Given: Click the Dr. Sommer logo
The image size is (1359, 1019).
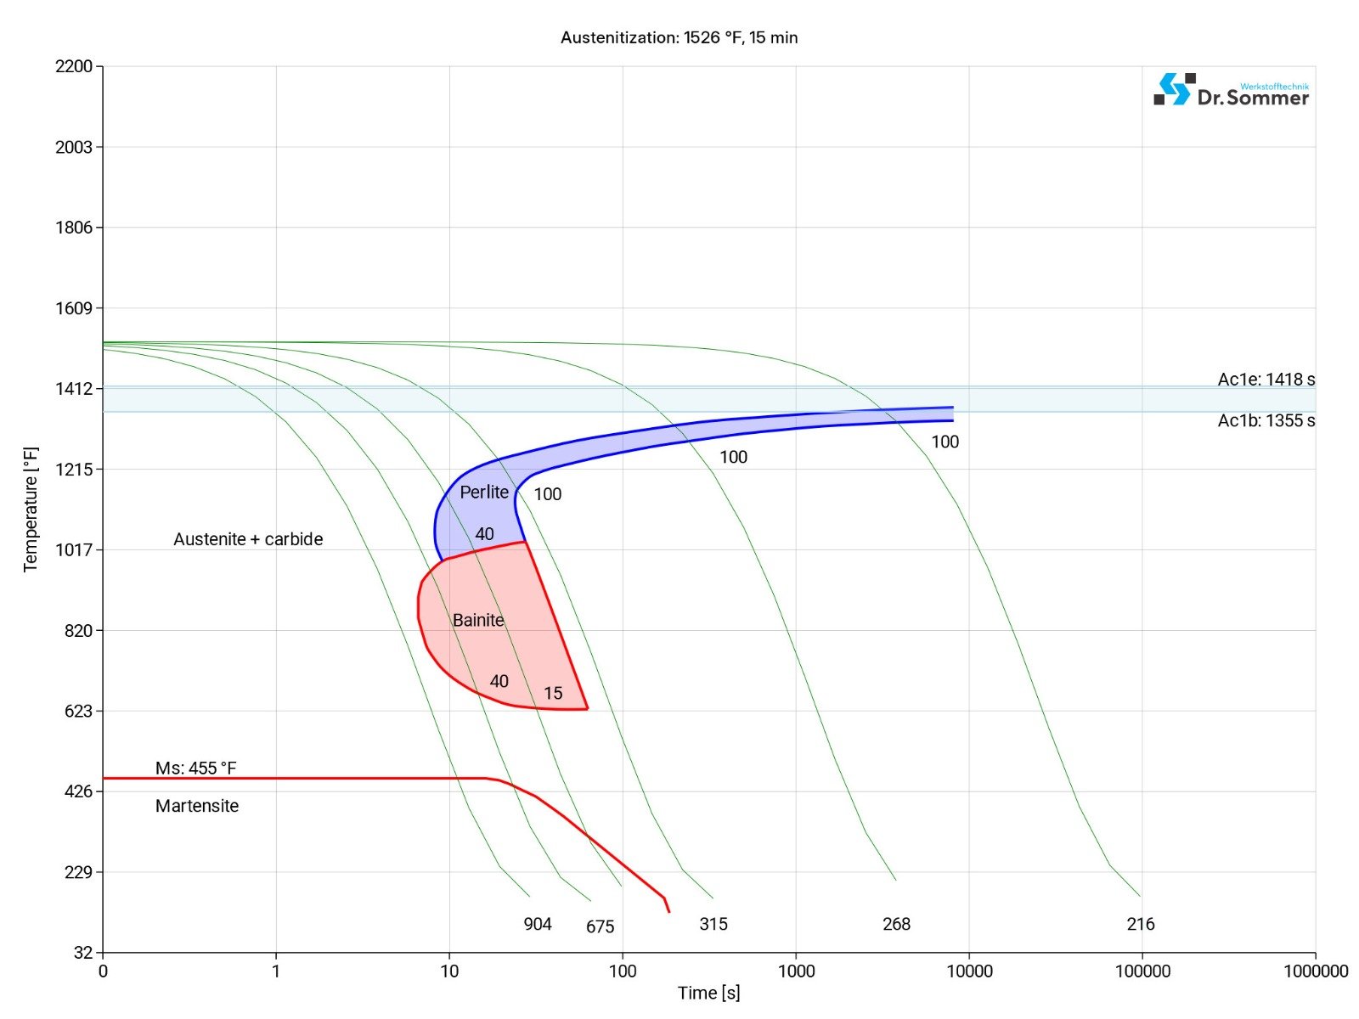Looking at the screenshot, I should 1231,90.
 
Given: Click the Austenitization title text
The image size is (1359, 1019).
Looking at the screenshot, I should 679,37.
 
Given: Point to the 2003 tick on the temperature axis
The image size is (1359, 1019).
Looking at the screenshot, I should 74,147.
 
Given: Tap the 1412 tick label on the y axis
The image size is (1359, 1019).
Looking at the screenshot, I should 74,389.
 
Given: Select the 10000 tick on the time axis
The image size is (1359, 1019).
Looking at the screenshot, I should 969,971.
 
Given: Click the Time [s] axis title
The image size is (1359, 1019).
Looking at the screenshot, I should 708,993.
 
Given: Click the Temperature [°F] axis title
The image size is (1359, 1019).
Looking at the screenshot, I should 31,509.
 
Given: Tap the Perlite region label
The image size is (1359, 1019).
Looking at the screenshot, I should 484,493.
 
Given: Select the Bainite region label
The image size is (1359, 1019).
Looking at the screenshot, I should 478,621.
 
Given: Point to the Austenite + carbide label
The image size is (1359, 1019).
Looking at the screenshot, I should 248,539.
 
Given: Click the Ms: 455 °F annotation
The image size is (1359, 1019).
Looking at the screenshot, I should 196,768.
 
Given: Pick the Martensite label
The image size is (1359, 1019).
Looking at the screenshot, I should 197,806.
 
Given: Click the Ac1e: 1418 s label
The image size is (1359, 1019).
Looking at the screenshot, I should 1266,380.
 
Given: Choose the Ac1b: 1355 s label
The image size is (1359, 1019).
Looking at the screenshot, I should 1266,421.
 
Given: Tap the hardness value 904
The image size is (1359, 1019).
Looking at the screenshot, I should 538,924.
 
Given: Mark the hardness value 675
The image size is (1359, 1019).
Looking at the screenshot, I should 600,926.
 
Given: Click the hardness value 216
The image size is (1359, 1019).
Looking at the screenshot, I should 1141,924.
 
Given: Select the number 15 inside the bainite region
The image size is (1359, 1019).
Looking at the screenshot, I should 553,694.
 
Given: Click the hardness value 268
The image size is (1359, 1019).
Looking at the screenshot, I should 896,924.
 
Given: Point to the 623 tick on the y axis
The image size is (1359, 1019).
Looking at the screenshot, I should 78,711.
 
